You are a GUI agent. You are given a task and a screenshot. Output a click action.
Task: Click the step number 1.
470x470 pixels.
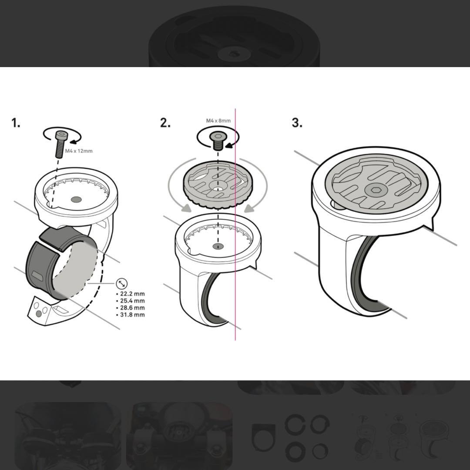click(16, 123)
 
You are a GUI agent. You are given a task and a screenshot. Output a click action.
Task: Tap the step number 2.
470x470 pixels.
click(165, 123)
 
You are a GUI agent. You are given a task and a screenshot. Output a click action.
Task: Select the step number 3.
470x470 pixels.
click(297, 123)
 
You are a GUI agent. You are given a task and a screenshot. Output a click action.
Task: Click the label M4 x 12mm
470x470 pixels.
click(79, 151)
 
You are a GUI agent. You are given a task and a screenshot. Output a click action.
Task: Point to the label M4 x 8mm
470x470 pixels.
click(218, 121)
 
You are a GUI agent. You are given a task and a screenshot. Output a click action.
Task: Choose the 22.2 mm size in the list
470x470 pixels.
click(131, 294)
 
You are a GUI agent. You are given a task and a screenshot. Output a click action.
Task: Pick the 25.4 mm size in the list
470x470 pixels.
click(131, 301)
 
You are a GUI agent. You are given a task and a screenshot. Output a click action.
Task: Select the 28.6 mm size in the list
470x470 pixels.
click(131, 308)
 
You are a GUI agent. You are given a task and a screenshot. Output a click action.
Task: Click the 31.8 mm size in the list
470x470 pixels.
click(131, 315)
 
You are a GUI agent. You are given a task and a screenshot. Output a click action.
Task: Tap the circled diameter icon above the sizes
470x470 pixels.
click(122, 283)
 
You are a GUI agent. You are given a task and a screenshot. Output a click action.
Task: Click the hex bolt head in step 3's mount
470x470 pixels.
click(375, 190)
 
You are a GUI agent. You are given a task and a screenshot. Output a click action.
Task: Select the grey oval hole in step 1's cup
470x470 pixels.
click(76, 199)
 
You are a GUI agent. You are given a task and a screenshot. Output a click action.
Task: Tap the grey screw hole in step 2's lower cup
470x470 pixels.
click(218, 246)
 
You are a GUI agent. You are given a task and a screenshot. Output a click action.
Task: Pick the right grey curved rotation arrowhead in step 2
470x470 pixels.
click(249, 208)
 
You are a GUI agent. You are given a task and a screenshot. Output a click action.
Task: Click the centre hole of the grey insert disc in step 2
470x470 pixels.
click(218, 188)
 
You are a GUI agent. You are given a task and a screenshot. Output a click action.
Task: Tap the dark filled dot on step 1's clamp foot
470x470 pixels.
click(39, 314)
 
